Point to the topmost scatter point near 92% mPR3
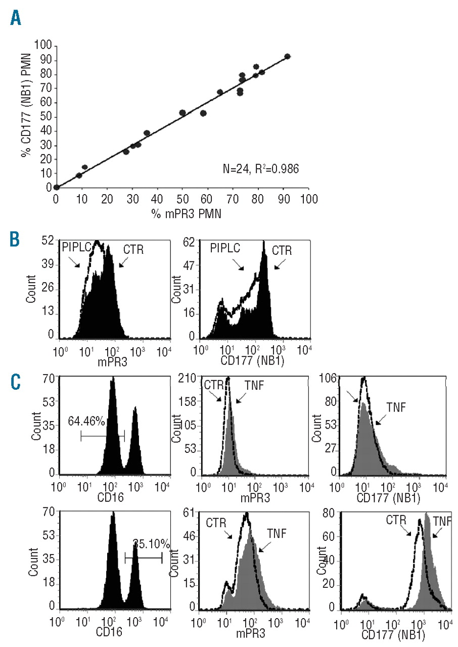click(287, 57)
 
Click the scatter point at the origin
click(56, 187)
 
